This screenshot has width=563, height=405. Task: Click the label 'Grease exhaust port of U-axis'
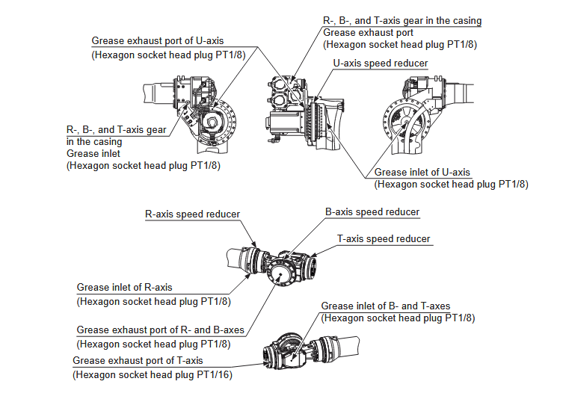click(157, 40)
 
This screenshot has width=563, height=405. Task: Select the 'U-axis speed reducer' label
click(380, 64)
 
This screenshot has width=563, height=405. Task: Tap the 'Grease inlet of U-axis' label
click(422, 172)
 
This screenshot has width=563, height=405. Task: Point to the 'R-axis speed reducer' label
click(192, 214)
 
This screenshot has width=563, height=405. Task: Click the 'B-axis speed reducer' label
click(372, 212)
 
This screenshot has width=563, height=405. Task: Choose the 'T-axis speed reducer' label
click(384, 238)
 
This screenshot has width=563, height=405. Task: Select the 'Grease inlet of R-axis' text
click(124, 288)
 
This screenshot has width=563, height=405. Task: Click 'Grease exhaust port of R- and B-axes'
click(160, 330)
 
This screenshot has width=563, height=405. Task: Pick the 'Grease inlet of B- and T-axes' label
click(385, 306)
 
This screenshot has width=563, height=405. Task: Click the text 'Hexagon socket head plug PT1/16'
click(152, 374)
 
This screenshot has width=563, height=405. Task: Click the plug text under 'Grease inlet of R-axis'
click(153, 302)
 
